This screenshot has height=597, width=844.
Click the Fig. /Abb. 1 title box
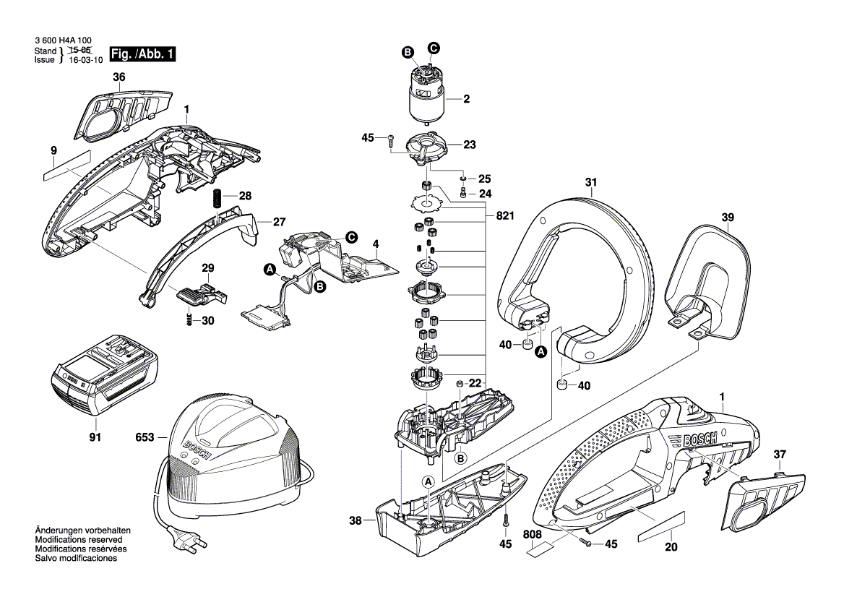142,54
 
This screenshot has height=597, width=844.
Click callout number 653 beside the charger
145,438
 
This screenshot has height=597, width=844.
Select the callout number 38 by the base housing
355,519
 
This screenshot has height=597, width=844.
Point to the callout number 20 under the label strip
671,547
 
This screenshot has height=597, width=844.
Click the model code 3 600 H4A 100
63,42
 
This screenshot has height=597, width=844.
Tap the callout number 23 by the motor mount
469,145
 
